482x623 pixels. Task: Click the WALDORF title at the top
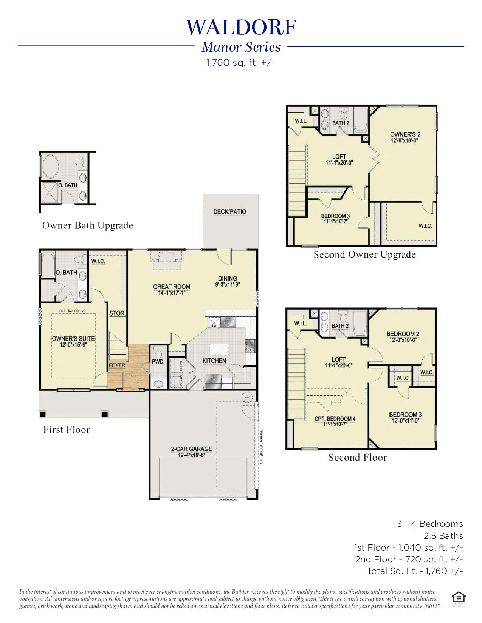(x=241, y=27)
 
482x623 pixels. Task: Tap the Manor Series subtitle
(x=241, y=47)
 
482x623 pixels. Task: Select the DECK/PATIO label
(x=229, y=212)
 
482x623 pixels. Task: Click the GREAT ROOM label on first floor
(x=171, y=287)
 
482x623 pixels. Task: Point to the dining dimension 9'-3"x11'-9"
(x=228, y=285)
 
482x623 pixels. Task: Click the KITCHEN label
(x=214, y=361)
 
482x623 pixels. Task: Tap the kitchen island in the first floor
(x=219, y=349)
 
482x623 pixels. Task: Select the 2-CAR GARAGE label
(x=191, y=449)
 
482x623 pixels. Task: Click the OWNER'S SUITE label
(x=73, y=339)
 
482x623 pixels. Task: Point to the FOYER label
(x=117, y=365)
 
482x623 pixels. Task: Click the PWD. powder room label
(x=158, y=362)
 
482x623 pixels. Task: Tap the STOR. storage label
(x=117, y=313)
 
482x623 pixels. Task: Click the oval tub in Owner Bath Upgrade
(x=51, y=167)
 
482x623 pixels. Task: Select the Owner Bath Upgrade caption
(x=87, y=225)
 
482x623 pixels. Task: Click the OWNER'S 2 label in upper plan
(x=405, y=134)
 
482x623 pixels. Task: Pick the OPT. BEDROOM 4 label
(x=335, y=419)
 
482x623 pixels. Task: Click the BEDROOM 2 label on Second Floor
(x=403, y=334)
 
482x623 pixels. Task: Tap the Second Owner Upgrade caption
(x=364, y=254)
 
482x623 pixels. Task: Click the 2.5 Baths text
(x=443, y=536)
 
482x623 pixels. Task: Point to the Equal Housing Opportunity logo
(x=458, y=597)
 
